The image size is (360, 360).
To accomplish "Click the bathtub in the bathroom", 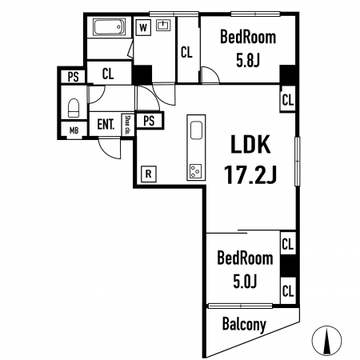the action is coord(109,26).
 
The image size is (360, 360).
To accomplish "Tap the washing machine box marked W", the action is coord(143,27).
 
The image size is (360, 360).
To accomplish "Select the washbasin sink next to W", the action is coord(163,26).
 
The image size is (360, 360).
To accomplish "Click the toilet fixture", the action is coord(74,108).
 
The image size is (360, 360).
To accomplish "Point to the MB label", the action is coord(74,130).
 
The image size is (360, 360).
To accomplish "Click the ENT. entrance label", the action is coord(106,124).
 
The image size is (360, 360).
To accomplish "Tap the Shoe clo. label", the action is coord(128,125).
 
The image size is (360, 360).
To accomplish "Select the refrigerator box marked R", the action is coord(149,174).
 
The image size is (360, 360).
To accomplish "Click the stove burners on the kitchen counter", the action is coord(196,171).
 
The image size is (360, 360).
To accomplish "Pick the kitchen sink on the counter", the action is coord(196,130).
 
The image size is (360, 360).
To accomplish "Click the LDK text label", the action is coord(250,145).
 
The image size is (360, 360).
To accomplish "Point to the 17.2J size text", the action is coord(250,174).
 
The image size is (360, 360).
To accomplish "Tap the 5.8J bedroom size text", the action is coord(248,61).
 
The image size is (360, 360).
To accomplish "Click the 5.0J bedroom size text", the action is coord(245,282).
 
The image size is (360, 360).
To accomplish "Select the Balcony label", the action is coord(244,324).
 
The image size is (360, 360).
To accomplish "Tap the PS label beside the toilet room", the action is coord(73,77).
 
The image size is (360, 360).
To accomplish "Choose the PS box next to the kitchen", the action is coord(149,121).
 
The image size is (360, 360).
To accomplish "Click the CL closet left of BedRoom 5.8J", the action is coord(186,52).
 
